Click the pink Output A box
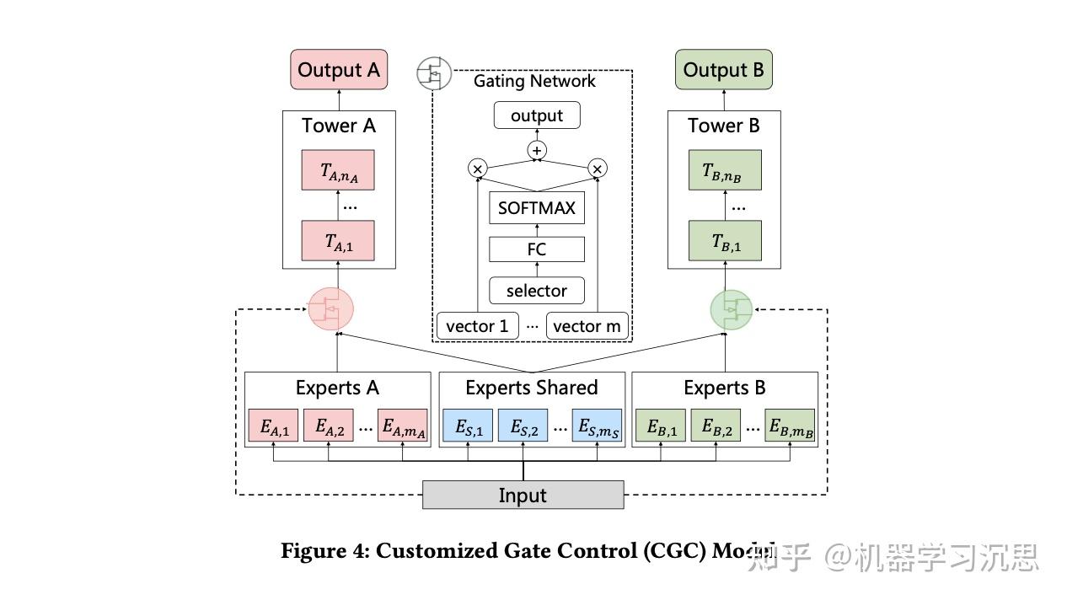tap(339, 69)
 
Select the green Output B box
tap(723, 69)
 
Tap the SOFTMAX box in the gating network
tap(536, 208)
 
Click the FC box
tap(536, 249)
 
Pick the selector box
tap(536, 291)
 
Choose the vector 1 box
tap(477, 326)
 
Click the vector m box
tap(587, 326)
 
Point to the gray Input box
tap(523, 496)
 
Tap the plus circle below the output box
tap(537, 151)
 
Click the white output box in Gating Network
tap(537, 115)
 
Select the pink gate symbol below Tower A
tap(330, 308)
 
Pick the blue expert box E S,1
tap(469, 427)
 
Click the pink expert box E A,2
tap(329, 427)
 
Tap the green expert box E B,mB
tap(790, 427)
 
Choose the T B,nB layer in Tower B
tap(724, 170)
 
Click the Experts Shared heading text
tap(531, 388)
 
